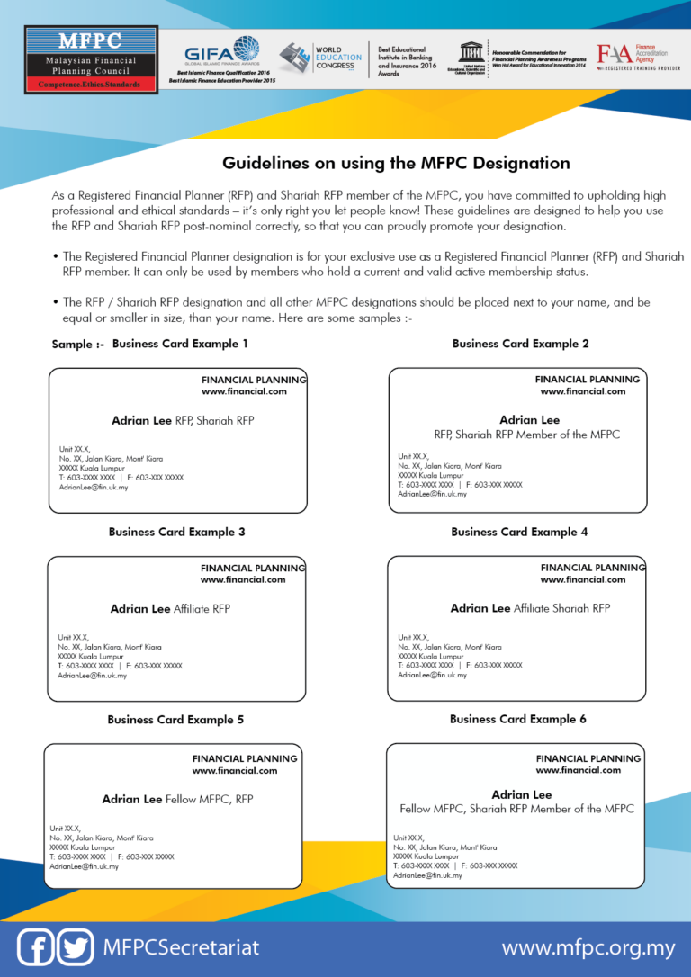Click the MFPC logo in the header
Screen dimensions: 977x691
tap(91, 59)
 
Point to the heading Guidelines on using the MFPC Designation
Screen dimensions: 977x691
tap(396, 163)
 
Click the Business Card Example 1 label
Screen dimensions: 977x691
tap(180, 344)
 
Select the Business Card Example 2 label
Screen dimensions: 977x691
tap(520, 344)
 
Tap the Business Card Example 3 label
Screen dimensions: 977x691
tap(176, 532)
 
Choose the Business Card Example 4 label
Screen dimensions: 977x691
tap(519, 532)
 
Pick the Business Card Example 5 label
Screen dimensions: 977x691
tap(175, 720)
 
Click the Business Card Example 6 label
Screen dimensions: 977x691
tap(518, 719)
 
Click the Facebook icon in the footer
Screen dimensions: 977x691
tap(36, 947)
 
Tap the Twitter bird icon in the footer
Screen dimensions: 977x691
tap(76, 947)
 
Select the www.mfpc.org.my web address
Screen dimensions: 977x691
tap(588, 948)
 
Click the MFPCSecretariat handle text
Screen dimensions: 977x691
tap(181, 948)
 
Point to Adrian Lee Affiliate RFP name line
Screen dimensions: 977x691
tap(170, 609)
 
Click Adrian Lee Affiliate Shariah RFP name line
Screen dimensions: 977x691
tap(530, 609)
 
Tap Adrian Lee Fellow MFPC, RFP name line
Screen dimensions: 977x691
tap(177, 799)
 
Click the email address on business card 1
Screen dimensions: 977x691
tap(94, 487)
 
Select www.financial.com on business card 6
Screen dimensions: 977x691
tap(578, 770)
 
